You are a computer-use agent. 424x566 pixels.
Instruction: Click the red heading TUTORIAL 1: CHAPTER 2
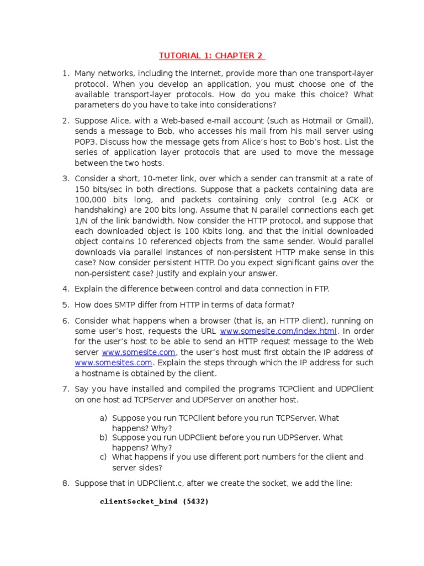click(x=212, y=56)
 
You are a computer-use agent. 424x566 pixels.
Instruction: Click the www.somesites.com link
click(x=113, y=363)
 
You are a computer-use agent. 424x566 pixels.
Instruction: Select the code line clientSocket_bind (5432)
click(x=155, y=501)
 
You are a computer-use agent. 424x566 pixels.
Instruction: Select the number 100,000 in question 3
click(x=91, y=200)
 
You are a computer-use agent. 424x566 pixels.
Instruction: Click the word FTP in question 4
click(x=320, y=289)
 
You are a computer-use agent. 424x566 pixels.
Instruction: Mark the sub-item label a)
click(x=103, y=418)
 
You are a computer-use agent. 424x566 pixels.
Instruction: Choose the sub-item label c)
click(x=103, y=457)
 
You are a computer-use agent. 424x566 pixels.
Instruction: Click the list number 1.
click(x=65, y=74)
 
